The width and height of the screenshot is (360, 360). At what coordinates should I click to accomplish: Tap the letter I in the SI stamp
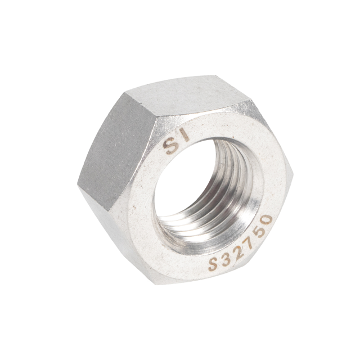click(x=184, y=135)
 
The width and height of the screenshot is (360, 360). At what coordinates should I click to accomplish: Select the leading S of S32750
click(x=213, y=264)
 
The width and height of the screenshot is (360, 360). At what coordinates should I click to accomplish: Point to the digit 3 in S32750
click(x=226, y=259)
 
